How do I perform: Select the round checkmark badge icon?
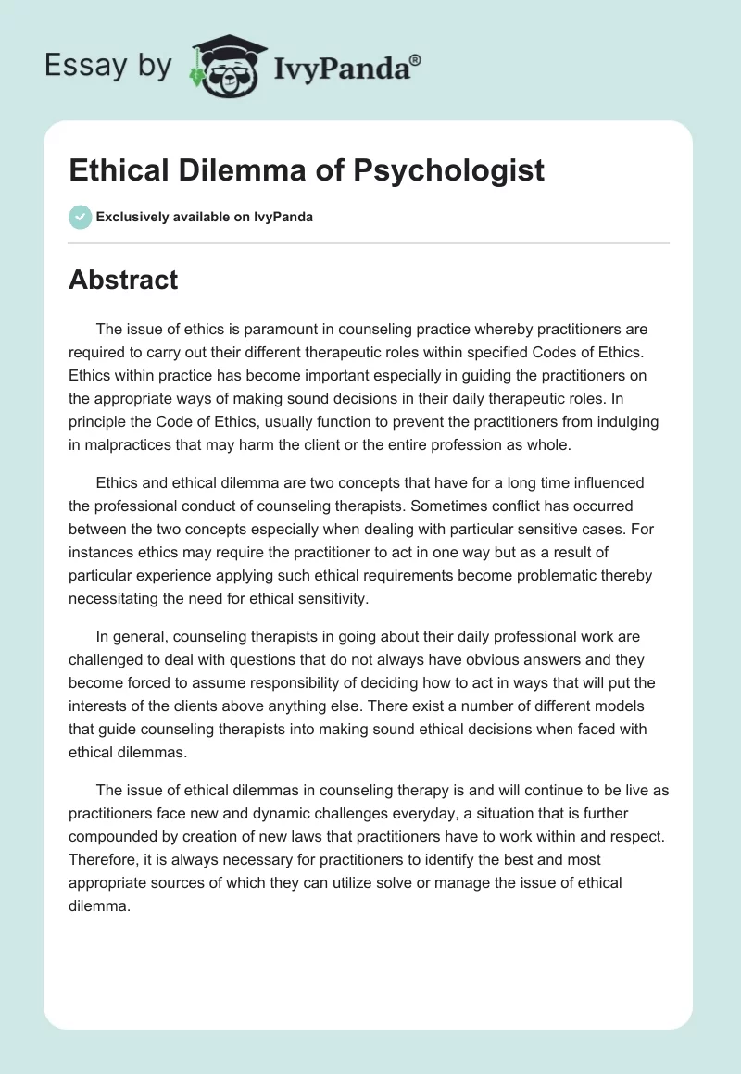tap(80, 217)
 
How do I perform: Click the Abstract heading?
tap(123, 280)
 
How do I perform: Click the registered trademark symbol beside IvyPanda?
tap(416, 58)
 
